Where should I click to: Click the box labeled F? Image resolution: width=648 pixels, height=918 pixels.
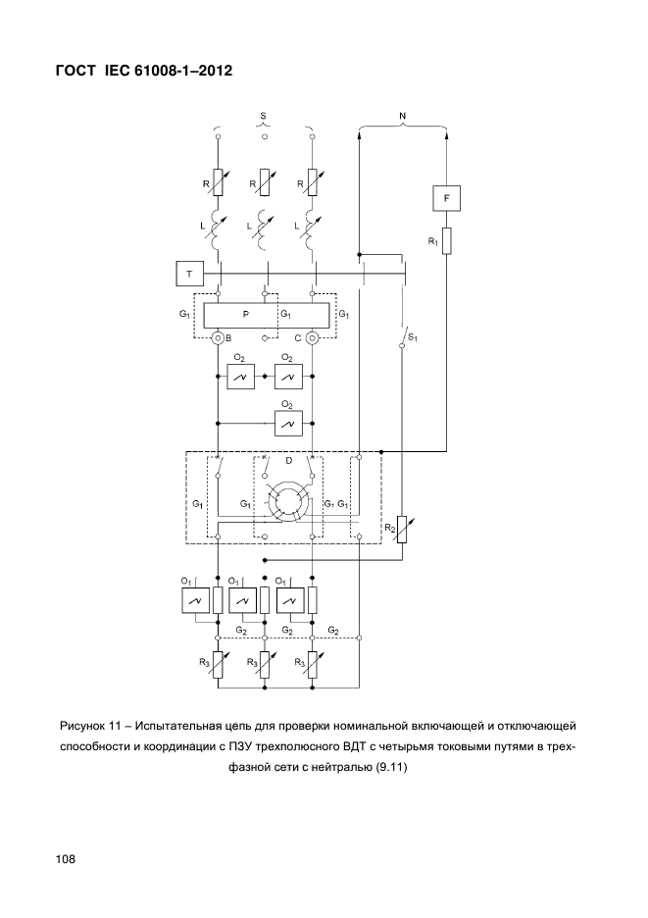coord(447,198)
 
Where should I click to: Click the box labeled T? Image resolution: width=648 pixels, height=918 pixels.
coord(189,274)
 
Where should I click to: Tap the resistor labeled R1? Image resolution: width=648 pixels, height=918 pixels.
coord(447,240)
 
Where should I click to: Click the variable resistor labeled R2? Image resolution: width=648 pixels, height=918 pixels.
coord(402,530)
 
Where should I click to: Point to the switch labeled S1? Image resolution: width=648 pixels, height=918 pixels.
coord(403,335)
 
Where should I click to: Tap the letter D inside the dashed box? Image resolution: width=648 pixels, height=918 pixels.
coord(288,461)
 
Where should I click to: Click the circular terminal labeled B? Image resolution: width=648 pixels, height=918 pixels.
coord(218,337)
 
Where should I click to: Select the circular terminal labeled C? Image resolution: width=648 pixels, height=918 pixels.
coord(312,337)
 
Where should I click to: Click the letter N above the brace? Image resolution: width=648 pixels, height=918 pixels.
coord(403,116)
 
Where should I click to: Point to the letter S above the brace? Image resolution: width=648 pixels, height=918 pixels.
coord(264,116)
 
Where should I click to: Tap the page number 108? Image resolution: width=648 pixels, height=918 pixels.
coord(66,859)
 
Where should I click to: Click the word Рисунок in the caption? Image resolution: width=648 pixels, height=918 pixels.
coord(81,727)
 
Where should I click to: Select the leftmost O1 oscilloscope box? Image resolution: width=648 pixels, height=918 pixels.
coord(194,600)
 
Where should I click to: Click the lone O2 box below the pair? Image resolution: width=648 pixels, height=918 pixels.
coord(288,423)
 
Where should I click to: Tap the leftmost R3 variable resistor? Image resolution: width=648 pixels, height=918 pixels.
coord(218,665)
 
